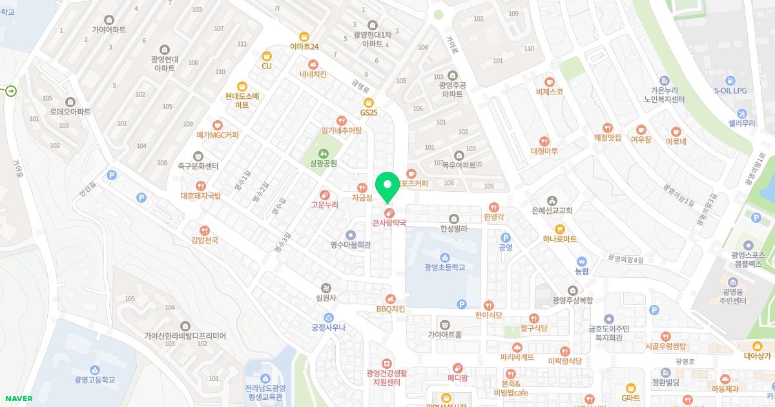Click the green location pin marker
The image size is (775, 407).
[387, 187]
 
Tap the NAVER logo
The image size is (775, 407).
[18, 399]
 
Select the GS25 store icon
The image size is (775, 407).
[369, 102]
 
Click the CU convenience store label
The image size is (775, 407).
[267, 66]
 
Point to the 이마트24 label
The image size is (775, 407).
[304, 47]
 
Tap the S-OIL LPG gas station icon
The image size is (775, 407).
[730, 81]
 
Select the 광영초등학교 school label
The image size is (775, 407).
[445, 267]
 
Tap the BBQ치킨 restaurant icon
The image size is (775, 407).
[390, 298]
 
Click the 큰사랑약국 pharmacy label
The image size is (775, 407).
[389, 222]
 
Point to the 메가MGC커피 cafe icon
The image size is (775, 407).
[218, 125]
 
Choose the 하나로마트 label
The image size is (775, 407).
[560, 239]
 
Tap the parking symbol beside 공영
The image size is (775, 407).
[506, 237]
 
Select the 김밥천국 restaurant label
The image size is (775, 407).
[205, 240]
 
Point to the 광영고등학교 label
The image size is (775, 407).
[95, 380]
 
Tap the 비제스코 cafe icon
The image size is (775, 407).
[550, 81]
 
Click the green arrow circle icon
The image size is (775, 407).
[11, 91]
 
